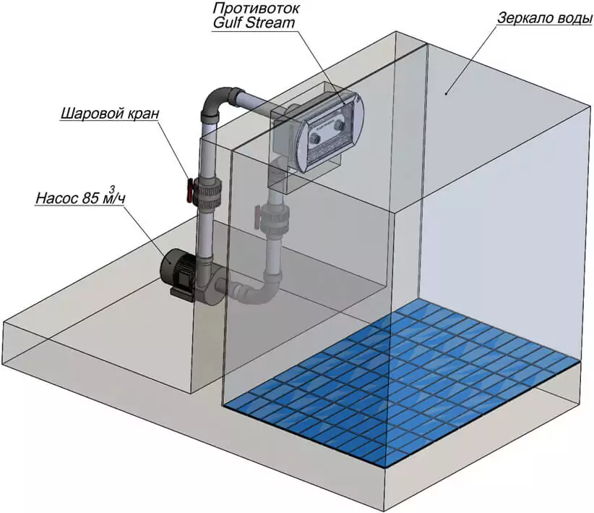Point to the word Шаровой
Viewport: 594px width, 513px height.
(91, 114)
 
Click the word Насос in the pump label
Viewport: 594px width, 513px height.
(56, 197)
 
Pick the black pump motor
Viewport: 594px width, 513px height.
(176, 268)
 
